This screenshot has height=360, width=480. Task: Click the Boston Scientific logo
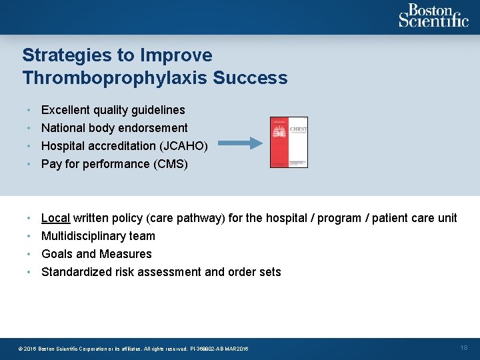coord(433,15)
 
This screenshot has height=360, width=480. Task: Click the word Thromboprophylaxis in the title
coord(115,78)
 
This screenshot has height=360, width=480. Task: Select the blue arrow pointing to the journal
coord(241,142)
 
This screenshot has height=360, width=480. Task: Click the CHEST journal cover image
coord(289,142)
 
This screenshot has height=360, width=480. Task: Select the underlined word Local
coord(55,218)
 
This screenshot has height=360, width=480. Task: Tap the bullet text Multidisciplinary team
coord(98,236)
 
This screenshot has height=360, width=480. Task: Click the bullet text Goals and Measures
coord(96,254)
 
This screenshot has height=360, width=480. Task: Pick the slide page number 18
coord(464,348)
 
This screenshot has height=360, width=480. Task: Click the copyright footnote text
coord(133,349)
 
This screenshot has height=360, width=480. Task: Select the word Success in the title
coord(250,78)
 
